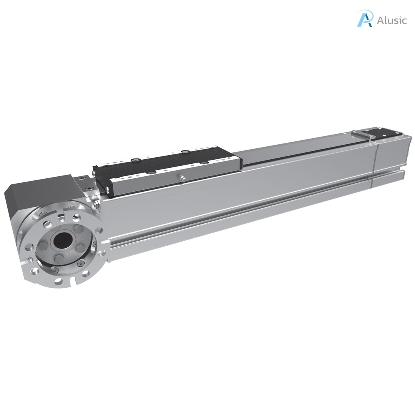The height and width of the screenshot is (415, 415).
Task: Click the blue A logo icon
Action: tap(364, 19)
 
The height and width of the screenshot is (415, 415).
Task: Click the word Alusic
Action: tap(391, 20)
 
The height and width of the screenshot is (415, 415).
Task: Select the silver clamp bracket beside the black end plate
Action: tap(363, 134)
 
